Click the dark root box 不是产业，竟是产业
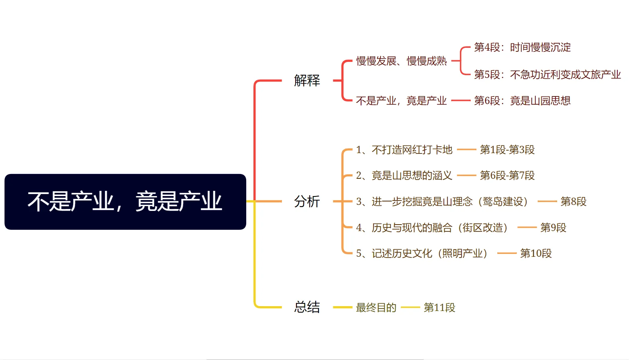click(x=125, y=202)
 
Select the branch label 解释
click(x=307, y=80)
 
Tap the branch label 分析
click(x=307, y=201)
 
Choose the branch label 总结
click(x=307, y=307)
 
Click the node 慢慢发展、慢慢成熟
click(x=401, y=61)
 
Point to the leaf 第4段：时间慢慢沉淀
click(x=522, y=47)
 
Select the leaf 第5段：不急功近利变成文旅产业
click(x=547, y=75)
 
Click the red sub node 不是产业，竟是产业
click(x=401, y=101)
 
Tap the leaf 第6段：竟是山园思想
click(x=522, y=101)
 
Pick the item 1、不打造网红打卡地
click(x=404, y=150)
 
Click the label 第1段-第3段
click(x=507, y=150)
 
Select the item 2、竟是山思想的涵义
click(x=404, y=176)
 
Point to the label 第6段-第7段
click(x=507, y=176)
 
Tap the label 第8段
click(x=573, y=202)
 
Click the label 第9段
click(x=553, y=228)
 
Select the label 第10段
click(x=536, y=254)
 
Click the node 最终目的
click(x=376, y=308)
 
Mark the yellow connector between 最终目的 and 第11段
click(x=410, y=307)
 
